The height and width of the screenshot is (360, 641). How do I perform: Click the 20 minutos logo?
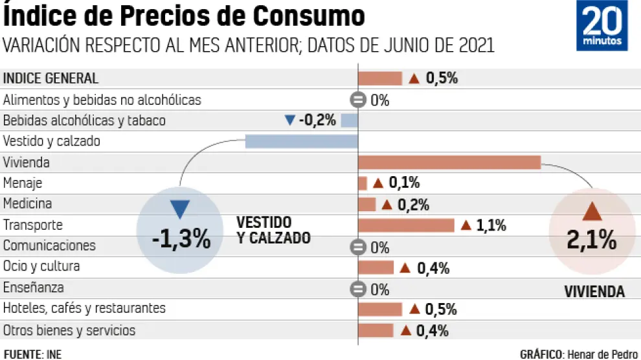[602, 26]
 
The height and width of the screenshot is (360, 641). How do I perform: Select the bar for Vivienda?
[449, 162]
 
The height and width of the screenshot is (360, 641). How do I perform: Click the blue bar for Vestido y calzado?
[301, 141]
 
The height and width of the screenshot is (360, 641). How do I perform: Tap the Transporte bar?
[406, 225]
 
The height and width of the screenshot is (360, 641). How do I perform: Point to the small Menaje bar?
[363, 183]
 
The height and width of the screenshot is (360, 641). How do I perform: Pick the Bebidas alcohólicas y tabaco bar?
[349, 120]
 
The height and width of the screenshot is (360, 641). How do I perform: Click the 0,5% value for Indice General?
[442, 79]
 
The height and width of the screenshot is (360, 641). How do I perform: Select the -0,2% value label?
[317, 120]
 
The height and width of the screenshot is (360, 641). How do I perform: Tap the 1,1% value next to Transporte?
[491, 225]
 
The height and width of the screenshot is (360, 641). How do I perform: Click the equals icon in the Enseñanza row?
[357, 289]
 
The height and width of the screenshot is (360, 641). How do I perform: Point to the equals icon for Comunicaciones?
[357, 247]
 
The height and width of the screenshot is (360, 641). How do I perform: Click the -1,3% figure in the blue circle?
[181, 239]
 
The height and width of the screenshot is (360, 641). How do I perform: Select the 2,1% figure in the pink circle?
[591, 240]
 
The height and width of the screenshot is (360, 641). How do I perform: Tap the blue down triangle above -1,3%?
[180, 210]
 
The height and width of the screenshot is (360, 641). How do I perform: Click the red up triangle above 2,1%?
[592, 212]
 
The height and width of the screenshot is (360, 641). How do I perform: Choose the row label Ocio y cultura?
[42, 267]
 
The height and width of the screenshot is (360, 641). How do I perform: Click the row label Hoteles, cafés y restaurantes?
[84, 308]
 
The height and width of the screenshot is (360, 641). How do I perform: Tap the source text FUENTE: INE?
[32, 354]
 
